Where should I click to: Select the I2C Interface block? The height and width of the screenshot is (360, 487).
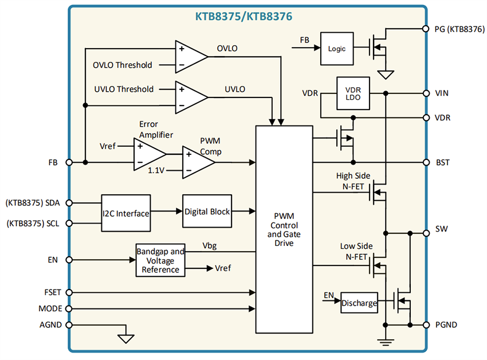[125, 213]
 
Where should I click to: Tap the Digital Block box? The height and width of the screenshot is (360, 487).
[207, 212]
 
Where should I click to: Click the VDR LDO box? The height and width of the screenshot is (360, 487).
[353, 93]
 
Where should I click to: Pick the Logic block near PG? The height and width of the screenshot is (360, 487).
[337, 49]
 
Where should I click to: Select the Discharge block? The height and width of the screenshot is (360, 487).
[360, 303]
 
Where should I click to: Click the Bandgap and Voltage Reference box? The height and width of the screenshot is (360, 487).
[160, 260]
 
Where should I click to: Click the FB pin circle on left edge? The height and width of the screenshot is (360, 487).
[69, 162]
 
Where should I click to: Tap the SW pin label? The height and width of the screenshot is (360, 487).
[441, 229]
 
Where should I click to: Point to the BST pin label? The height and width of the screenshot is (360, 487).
[442, 163]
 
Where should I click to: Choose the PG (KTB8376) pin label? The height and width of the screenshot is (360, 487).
[456, 29]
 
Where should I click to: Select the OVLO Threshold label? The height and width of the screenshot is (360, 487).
[123, 65]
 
